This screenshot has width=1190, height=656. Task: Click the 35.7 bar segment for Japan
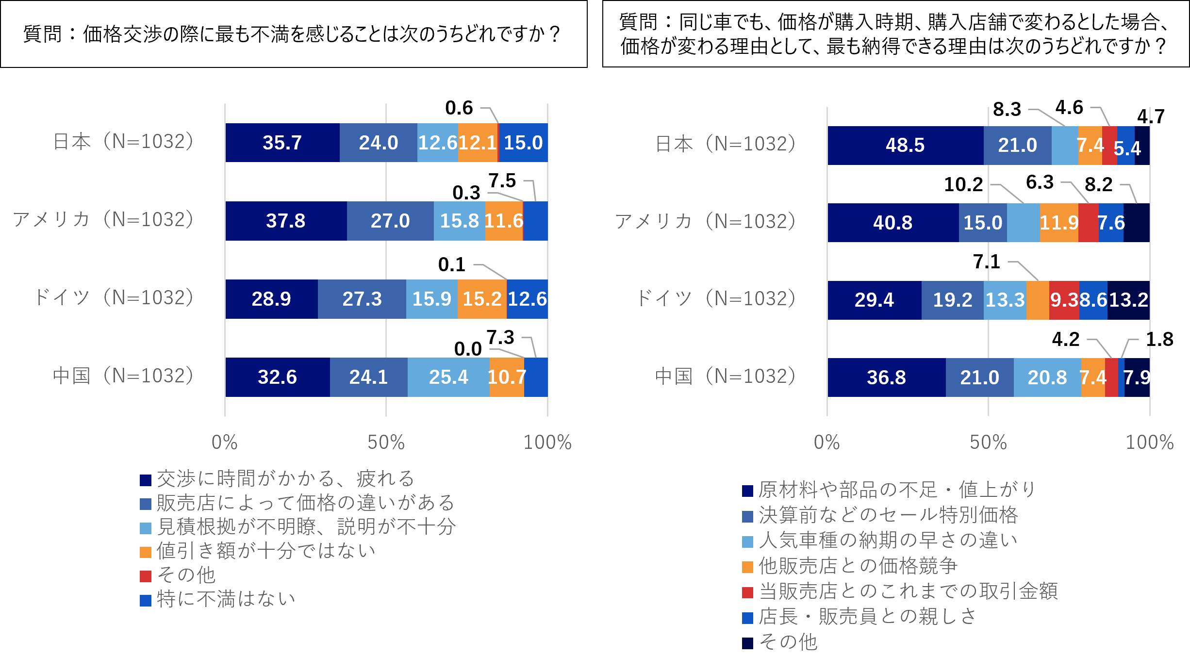282,143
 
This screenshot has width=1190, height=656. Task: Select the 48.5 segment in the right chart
905,145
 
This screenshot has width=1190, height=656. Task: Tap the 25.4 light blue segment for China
448,377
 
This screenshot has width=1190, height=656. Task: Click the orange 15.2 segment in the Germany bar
482,299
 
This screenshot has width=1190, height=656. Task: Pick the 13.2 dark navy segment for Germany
1128,300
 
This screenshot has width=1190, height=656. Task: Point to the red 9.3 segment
1064,300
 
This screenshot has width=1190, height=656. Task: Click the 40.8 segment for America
892,223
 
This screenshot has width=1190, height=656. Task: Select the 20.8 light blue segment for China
1047,377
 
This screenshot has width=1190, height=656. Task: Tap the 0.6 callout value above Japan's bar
459,108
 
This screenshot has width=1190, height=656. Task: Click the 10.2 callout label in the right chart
963,184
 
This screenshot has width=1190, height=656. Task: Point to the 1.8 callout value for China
1159,339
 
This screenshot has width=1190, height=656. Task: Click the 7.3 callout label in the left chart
500,337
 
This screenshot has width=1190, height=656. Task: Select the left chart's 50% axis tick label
386,442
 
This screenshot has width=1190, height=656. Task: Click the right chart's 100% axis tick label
1149,442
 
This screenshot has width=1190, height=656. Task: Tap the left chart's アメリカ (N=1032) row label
103,220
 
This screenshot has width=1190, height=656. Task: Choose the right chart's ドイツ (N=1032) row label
716,298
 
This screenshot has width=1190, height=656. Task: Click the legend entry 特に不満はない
226,599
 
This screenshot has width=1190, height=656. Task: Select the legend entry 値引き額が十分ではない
265,551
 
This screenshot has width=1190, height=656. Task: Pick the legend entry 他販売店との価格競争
858,566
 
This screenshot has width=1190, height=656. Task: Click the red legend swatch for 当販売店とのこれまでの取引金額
747,592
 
